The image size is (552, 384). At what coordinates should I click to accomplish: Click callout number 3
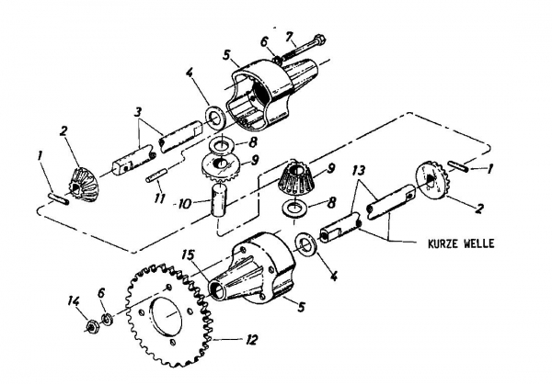click(138, 112)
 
